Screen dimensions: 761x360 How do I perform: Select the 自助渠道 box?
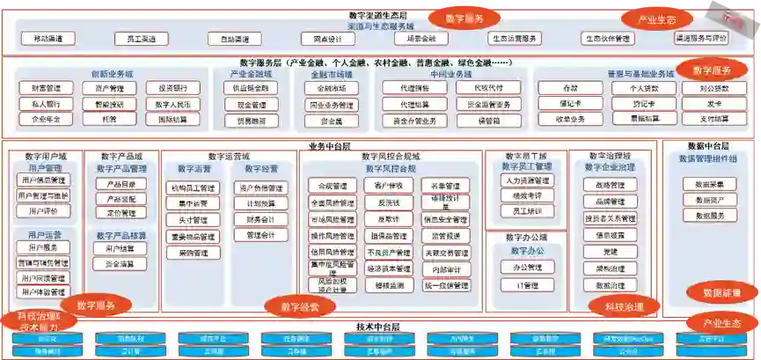235,39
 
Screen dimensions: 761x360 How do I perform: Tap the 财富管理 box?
46,88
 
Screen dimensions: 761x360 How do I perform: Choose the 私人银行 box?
46,104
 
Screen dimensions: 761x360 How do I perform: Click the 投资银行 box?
172,88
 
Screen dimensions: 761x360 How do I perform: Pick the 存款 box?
570,88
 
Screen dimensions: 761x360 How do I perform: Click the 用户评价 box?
43,211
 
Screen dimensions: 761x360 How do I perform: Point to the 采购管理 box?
193,253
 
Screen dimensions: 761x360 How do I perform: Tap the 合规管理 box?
328,186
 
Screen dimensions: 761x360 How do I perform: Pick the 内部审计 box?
446,269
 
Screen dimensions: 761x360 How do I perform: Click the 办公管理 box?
527,268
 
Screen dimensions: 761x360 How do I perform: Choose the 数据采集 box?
709,184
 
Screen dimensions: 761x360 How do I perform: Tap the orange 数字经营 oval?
300,307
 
